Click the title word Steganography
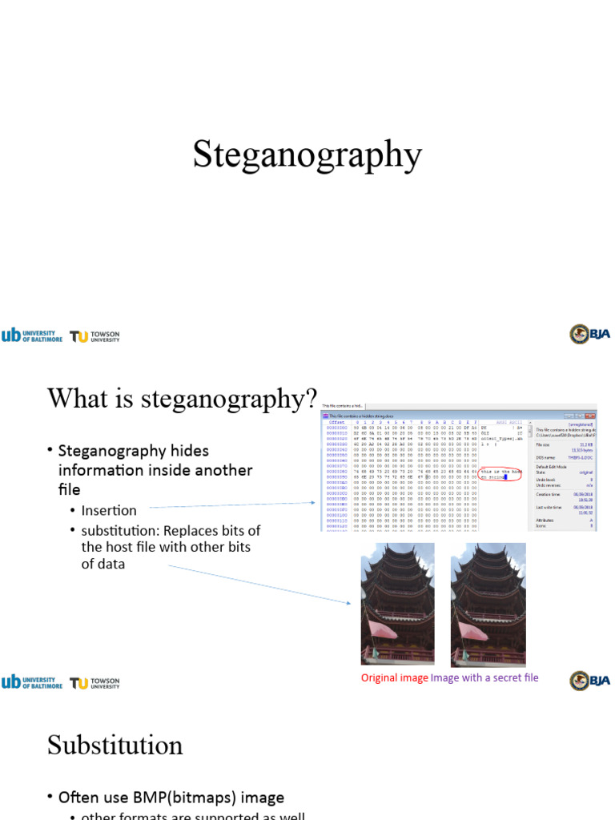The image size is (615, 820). [307, 155]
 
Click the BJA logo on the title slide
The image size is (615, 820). [590, 334]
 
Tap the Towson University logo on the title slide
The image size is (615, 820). [94, 336]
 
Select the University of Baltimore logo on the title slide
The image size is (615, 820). [31, 336]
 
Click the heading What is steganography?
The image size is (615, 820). [183, 398]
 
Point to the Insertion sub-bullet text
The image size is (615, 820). [109, 510]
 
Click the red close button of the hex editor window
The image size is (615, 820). [590, 416]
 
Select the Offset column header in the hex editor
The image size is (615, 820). [337, 422]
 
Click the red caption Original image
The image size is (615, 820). [394, 677]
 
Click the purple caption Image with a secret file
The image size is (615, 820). [484, 677]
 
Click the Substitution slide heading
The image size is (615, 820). [115, 745]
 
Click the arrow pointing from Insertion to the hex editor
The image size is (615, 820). [232, 505]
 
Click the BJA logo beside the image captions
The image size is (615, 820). [590, 681]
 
